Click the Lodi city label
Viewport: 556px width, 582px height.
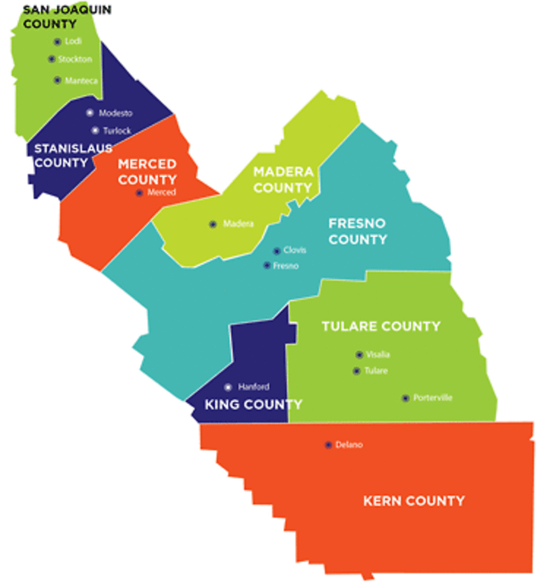click(73, 41)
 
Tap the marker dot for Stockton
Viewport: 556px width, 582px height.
click(51, 59)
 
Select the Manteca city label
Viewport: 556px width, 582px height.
click(82, 81)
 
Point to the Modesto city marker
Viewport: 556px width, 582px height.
click(90, 113)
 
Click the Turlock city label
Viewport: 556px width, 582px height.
click(117, 131)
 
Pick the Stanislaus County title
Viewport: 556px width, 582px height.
click(73, 155)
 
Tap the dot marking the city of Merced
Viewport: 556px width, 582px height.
click(139, 193)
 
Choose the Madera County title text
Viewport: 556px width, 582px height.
click(283, 179)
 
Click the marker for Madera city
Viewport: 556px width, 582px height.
click(213, 224)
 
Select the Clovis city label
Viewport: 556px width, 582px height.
click(295, 250)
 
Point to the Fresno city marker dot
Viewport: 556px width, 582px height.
click(267, 265)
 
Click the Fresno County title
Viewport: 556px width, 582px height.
click(358, 231)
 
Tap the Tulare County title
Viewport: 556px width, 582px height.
click(381, 326)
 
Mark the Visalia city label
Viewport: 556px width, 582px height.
click(378, 355)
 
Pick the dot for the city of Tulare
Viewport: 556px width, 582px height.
click(357, 371)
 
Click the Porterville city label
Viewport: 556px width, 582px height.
click(433, 398)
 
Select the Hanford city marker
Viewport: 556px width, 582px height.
click(228, 387)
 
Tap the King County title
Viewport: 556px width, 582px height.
click(253, 404)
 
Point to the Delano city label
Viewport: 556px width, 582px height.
click(349, 445)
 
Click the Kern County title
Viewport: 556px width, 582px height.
click(414, 501)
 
